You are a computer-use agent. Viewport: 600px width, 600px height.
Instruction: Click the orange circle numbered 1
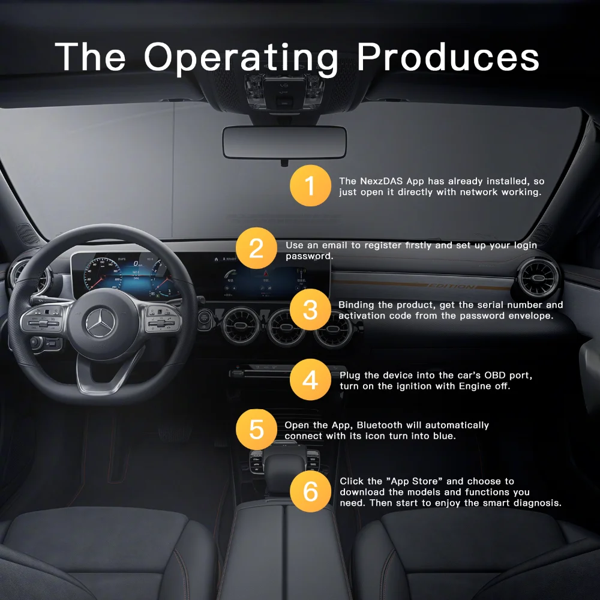coord(310,186)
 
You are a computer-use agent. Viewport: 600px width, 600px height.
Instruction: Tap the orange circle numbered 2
coord(256,248)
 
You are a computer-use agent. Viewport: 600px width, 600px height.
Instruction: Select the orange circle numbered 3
coord(310,310)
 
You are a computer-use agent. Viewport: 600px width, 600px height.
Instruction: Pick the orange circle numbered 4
coord(310,380)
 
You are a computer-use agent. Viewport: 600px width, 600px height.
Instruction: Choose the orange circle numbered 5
coord(256,430)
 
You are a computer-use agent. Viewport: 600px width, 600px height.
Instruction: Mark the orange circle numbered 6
coord(310,491)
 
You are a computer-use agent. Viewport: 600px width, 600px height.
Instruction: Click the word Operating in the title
coord(241,58)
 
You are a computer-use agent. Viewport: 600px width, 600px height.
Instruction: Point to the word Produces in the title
coord(448,58)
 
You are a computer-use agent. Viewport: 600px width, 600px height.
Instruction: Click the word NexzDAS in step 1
coord(382,181)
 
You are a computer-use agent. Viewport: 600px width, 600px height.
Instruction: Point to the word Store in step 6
coord(428,481)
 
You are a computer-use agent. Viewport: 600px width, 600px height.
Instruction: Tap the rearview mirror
coord(284,142)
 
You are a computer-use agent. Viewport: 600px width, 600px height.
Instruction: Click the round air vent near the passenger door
coord(539,278)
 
